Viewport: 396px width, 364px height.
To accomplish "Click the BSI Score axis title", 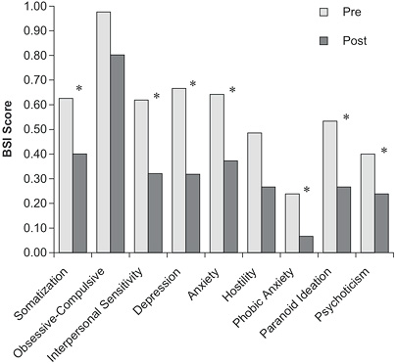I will click(11, 128).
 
